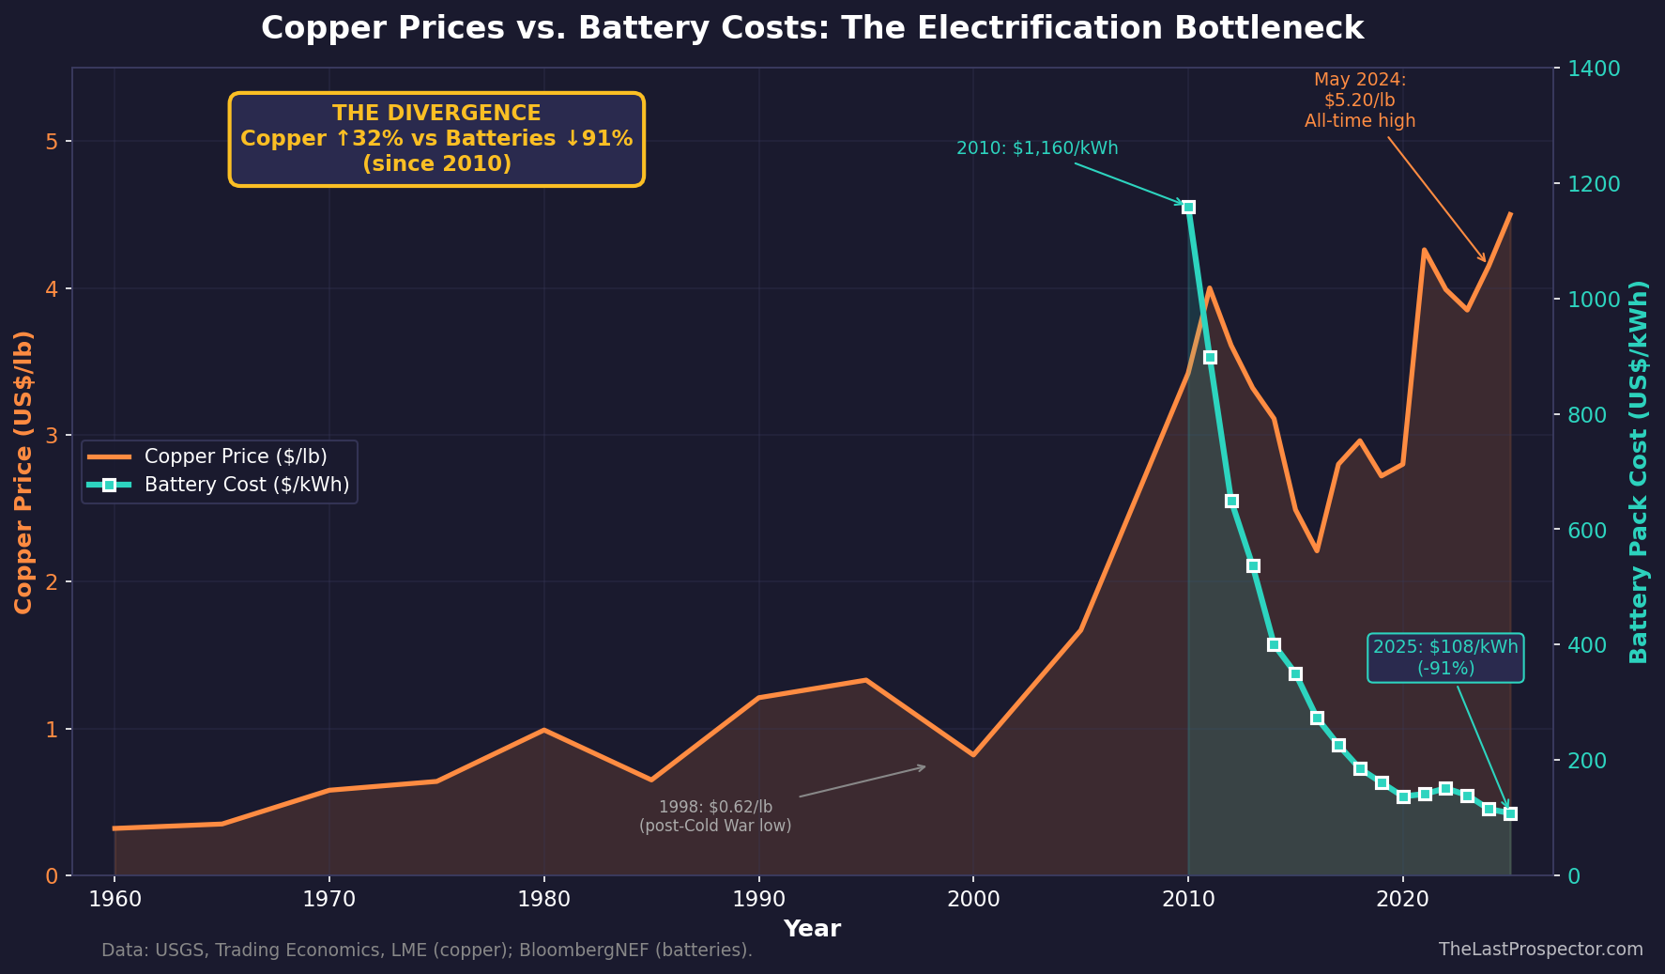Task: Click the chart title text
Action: [812, 28]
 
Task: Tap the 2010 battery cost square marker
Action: [1188, 207]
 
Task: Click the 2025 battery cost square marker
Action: [1510, 813]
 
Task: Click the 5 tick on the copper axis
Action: [53, 142]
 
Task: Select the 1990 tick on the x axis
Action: [758, 899]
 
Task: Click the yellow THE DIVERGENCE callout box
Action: [436, 139]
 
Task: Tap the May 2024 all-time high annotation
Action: [1359, 100]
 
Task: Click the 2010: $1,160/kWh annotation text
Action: [1037, 148]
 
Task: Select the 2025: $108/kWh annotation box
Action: [1445, 657]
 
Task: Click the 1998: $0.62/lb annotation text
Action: [715, 816]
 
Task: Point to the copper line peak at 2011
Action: [1210, 287]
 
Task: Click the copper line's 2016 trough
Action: [1317, 550]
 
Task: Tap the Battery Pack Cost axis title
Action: [1639, 472]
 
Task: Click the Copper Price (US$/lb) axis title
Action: [24, 472]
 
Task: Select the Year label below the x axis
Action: [812, 929]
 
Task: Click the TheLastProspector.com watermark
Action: [1540, 949]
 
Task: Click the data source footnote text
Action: [427, 951]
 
